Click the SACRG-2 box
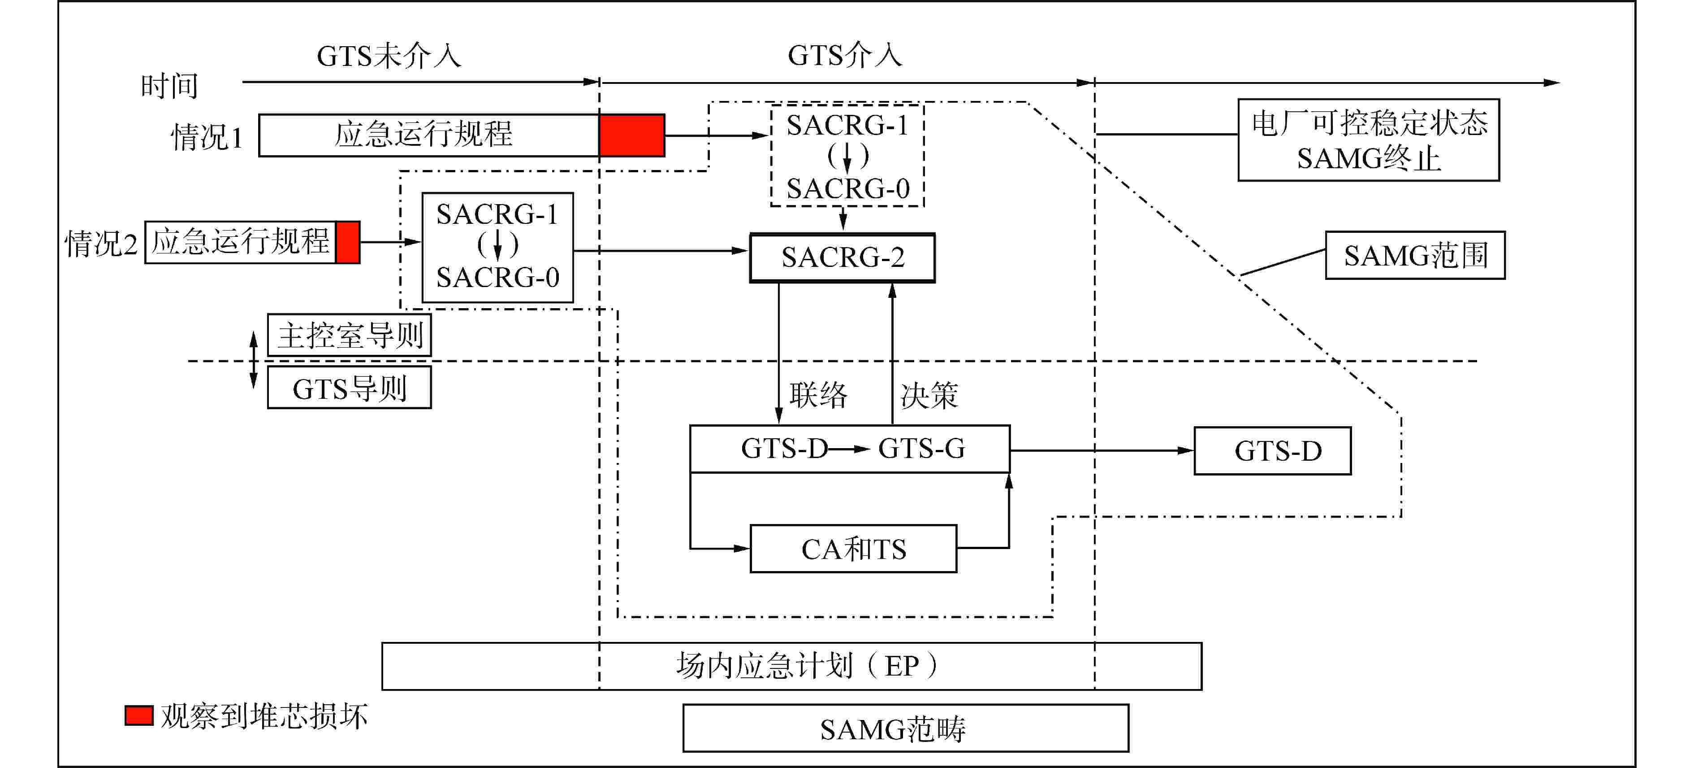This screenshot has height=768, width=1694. (x=843, y=257)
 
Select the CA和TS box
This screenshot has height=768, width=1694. (x=853, y=548)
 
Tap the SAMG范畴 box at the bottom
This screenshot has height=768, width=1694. (x=906, y=728)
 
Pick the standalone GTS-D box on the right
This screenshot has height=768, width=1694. (x=1272, y=451)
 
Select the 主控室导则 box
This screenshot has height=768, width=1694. (x=349, y=335)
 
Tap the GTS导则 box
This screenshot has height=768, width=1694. (x=349, y=388)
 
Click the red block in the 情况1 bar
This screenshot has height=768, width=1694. (x=631, y=135)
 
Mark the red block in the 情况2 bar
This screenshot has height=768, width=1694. (x=347, y=242)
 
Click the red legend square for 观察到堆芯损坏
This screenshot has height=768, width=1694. (x=139, y=716)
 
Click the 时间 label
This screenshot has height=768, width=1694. (x=169, y=86)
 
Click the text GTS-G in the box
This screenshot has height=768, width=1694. (x=921, y=449)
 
